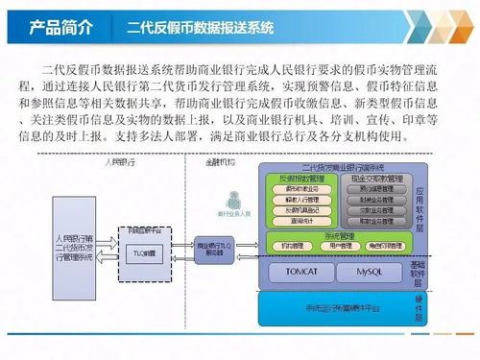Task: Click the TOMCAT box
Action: [x=296, y=272]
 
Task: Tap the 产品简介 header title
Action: [x=60, y=26]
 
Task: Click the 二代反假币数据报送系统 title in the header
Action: [x=205, y=26]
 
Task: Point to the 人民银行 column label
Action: [x=122, y=164]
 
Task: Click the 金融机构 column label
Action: [x=222, y=164]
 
